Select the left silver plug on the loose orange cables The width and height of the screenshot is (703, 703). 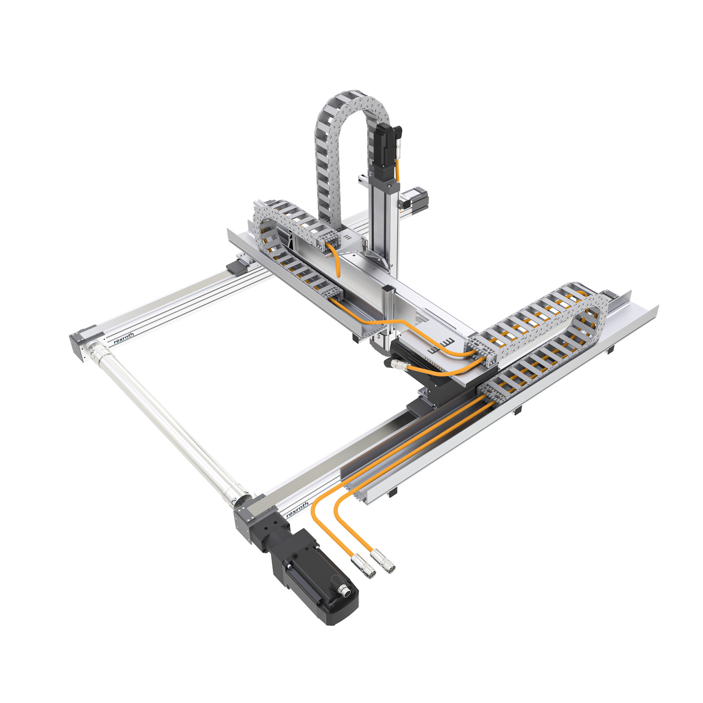point(363,566)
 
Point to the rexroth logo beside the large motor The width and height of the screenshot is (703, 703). point(297,510)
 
